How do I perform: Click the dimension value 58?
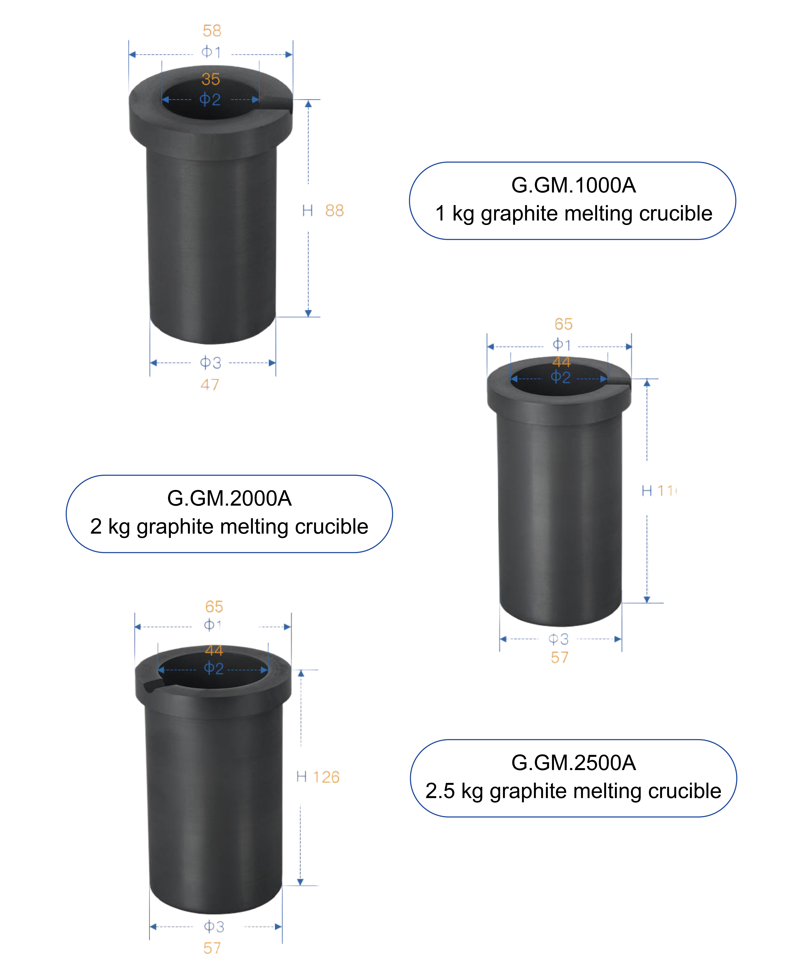[x=212, y=31]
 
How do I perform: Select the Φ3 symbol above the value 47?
[x=210, y=363]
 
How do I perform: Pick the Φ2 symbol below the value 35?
[x=210, y=99]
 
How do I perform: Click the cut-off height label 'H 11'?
[x=659, y=491]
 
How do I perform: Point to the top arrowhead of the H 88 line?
[x=308, y=104]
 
